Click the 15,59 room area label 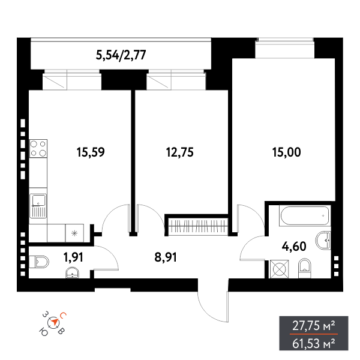pos(91,152)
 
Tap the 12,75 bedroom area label pos(179,152)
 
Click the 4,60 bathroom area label pos(295,245)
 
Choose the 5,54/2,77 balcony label pos(121,56)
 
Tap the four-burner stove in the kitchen pos(38,148)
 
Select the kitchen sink pos(38,205)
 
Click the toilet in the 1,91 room pos(40,261)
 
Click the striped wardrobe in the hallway pos(197,226)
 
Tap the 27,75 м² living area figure pos(313,326)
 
